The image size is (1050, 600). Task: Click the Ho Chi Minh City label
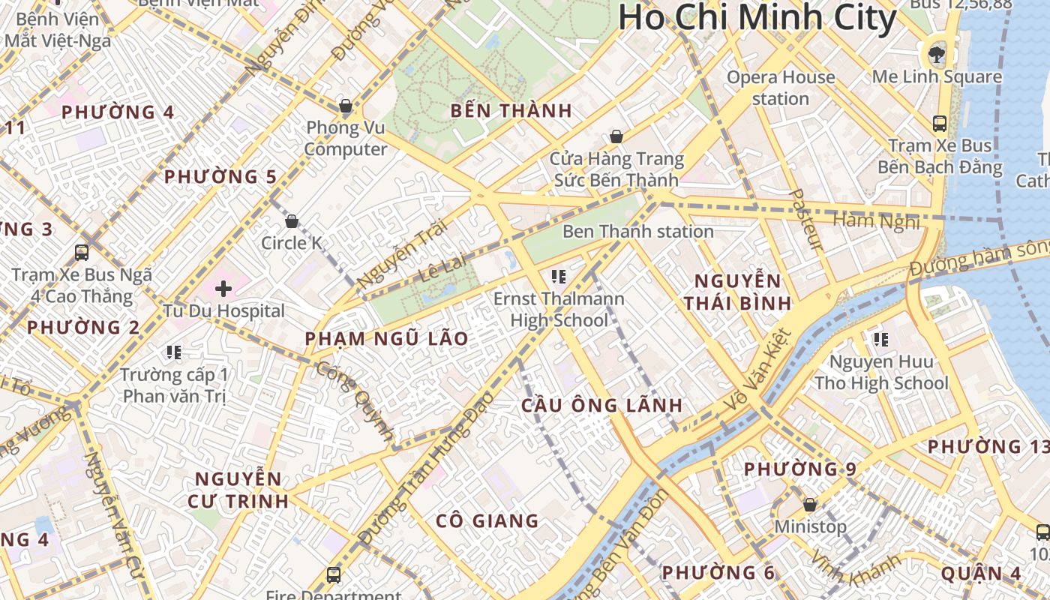coord(757,19)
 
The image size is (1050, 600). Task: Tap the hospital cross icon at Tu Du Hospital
coord(223,288)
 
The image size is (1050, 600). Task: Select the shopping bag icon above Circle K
coord(292,221)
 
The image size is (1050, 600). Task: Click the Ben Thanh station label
coord(637,231)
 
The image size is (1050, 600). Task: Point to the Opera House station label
coord(780,88)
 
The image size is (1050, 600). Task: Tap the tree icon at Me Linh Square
coord(936,54)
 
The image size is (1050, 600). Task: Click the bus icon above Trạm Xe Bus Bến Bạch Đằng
coord(939,124)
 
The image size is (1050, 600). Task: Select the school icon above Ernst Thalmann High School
coord(558,277)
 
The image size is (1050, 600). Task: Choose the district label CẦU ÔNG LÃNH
coord(601,406)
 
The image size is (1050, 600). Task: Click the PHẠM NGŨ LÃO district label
coord(386,339)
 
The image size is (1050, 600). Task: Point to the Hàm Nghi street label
coord(876,220)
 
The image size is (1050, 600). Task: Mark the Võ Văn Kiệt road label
coord(757,370)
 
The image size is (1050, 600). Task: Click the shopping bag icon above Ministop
coord(809,505)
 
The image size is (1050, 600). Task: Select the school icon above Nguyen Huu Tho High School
coord(880,340)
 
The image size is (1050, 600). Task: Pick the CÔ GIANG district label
coord(487,520)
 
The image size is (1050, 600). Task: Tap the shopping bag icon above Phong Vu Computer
coord(346,106)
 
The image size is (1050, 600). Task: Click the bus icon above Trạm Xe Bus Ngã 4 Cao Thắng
coord(82,253)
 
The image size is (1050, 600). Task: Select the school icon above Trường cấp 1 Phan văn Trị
coord(174,352)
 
